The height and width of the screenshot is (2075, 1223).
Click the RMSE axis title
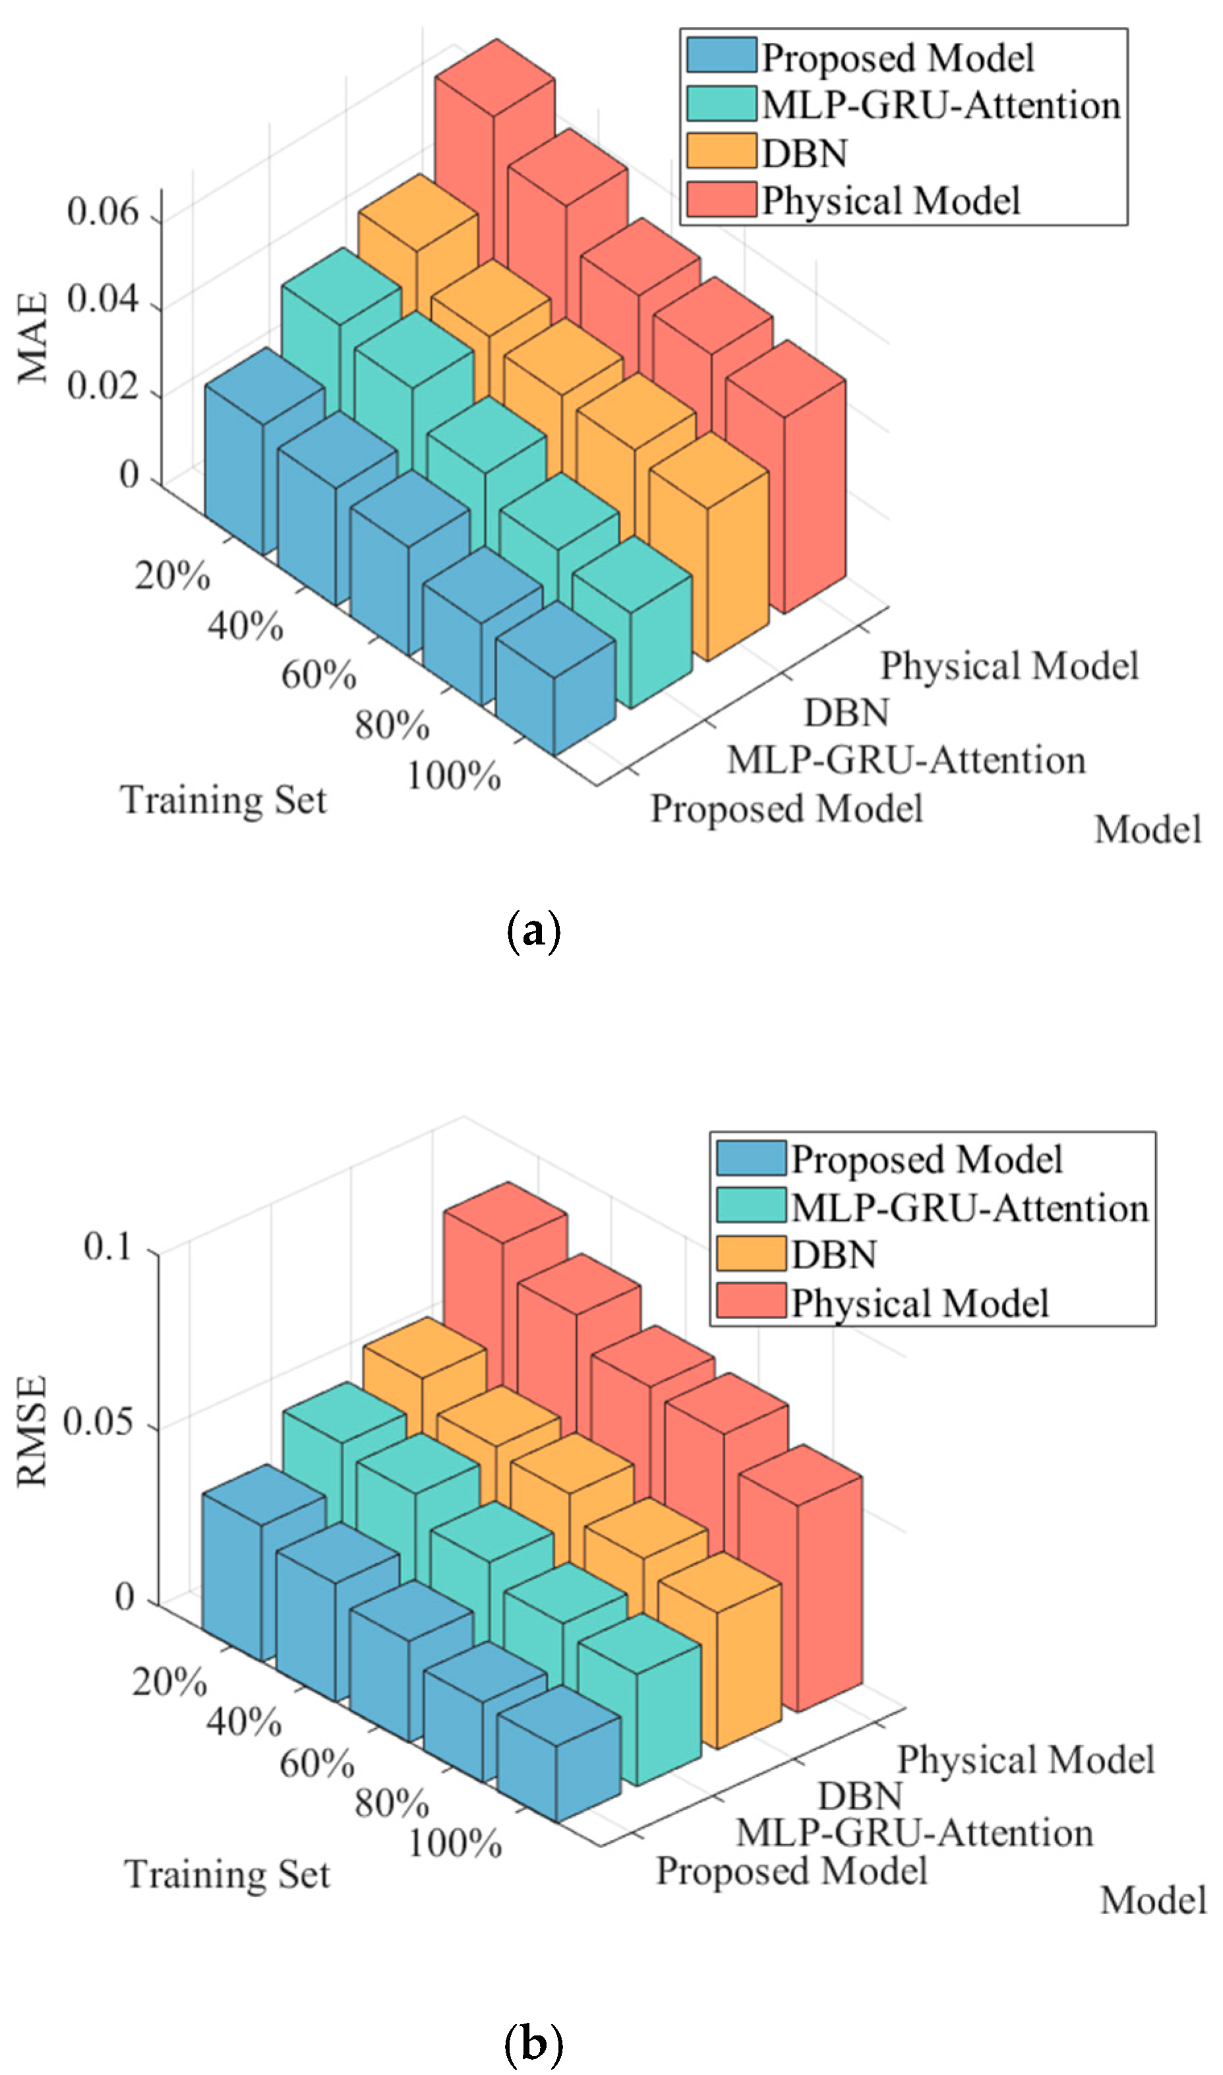[33, 1431]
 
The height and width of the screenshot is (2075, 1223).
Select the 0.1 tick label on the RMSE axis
[108, 1247]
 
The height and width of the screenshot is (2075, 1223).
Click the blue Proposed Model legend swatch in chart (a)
[721, 55]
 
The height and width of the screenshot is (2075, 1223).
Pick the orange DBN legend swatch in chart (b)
[750, 1254]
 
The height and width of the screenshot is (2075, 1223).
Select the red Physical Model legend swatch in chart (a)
[721, 201]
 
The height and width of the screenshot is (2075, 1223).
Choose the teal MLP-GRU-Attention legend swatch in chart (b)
[750, 1206]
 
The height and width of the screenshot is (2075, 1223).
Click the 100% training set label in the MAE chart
[454, 776]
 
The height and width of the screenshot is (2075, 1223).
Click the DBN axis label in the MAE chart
[847, 713]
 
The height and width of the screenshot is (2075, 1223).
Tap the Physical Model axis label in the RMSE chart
[1025, 1759]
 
